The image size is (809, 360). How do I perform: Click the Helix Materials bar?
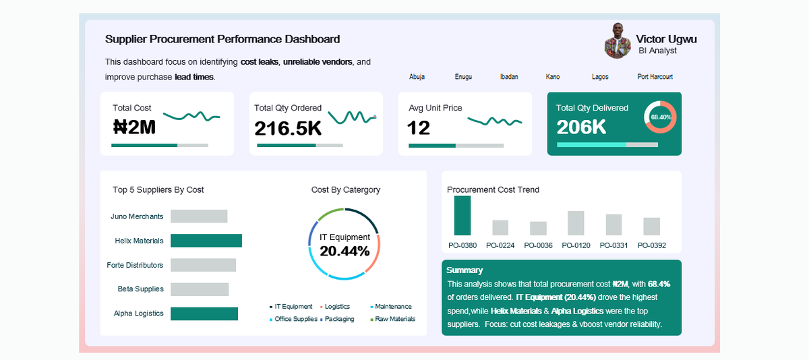tap(206, 241)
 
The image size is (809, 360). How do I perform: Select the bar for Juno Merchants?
tap(199, 216)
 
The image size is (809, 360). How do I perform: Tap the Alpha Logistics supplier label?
tap(138, 313)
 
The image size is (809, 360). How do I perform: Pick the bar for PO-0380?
tap(462, 215)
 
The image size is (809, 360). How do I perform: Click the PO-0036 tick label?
tap(538, 245)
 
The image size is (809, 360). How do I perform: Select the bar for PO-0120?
tap(576, 222)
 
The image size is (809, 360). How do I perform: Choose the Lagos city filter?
tap(600, 77)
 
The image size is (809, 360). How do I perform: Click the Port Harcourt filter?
tap(655, 77)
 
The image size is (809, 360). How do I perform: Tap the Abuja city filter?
tap(417, 77)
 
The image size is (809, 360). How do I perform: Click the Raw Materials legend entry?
tap(394, 319)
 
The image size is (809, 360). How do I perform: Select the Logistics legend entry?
tap(337, 307)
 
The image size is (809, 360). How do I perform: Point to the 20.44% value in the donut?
tap(344, 251)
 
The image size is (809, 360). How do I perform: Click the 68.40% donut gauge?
tap(660, 117)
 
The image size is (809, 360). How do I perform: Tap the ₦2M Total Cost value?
tap(134, 127)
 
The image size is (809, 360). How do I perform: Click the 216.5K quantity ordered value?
tap(288, 128)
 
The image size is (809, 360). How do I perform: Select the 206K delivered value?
tap(580, 127)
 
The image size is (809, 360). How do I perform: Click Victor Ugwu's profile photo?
tap(618, 41)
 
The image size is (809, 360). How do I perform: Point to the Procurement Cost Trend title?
tap(493, 189)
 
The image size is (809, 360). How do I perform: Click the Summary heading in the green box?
tap(465, 270)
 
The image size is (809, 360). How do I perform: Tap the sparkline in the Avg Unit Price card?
tap(495, 121)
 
